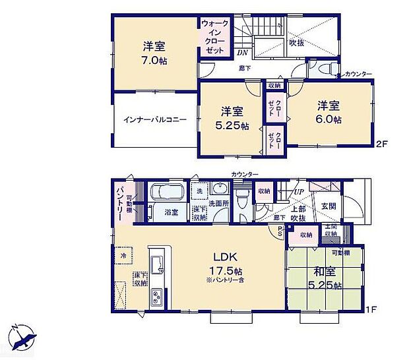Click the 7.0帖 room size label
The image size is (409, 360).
tap(156, 60)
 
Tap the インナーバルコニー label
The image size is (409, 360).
tap(154, 121)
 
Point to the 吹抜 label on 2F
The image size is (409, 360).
tap(296, 43)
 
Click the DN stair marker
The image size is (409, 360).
tap(243, 53)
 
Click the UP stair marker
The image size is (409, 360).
tap(299, 191)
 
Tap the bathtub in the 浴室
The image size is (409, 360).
tap(166, 193)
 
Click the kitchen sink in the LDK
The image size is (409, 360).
tap(158, 264)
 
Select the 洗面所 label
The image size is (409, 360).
tap(218, 204)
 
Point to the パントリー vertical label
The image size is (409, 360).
tap(120, 204)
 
